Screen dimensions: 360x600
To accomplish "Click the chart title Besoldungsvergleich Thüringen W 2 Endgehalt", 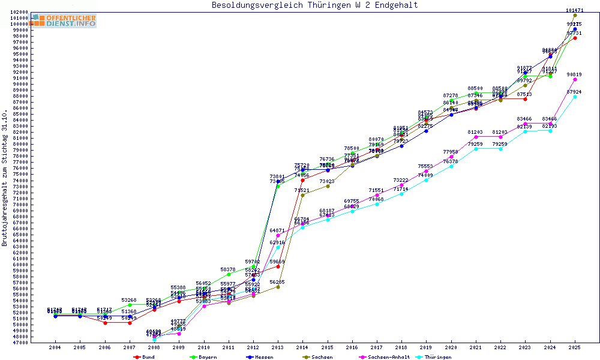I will [x=315, y=5].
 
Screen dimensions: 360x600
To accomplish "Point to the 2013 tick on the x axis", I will [x=277, y=347].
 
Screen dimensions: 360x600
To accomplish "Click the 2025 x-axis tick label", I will [x=575, y=347].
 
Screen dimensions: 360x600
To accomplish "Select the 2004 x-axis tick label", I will [x=55, y=347].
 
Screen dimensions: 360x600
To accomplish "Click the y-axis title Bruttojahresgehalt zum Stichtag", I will [x=5, y=178].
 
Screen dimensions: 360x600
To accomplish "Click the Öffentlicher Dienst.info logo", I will [x=64, y=20].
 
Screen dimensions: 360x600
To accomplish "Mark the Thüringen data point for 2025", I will [x=575, y=97].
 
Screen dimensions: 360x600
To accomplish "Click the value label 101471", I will [x=575, y=10].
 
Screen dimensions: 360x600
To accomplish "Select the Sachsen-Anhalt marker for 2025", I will [x=575, y=79].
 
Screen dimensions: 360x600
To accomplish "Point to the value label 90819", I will [x=574, y=74].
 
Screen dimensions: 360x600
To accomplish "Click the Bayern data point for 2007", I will [x=130, y=305].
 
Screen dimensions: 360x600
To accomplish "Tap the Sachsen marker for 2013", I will [x=278, y=287].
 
